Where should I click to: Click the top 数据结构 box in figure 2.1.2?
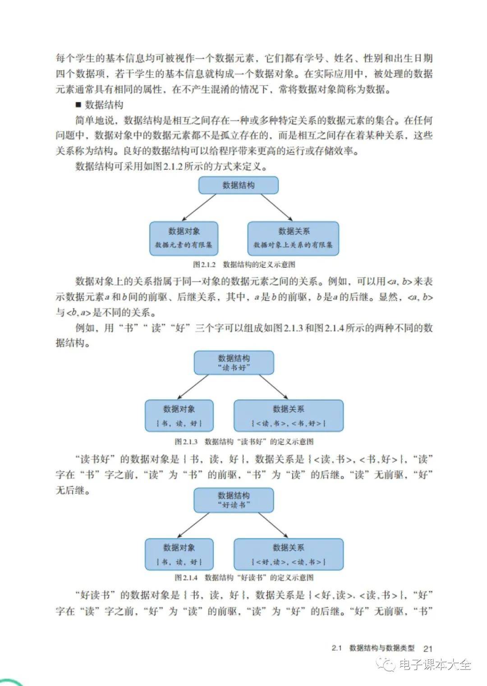pos(239,185)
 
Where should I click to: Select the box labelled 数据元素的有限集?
pos(184,238)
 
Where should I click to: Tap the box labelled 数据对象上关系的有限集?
pos(293,238)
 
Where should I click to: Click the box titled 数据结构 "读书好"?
pos(234,362)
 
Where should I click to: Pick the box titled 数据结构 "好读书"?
pos(234,500)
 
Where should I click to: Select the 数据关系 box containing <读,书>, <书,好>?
pos(289,416)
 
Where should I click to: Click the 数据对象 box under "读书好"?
pos(179,416)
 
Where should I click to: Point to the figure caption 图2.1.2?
pos(244,264)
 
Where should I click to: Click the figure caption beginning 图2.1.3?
pos(244,441)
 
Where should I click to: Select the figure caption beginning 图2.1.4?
pos(244,577)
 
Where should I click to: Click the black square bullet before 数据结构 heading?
pos(78,105)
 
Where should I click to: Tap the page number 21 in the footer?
pos(427,649)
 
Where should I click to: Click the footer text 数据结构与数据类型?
pos(382,648)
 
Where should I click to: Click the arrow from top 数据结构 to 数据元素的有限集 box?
pos(199,207)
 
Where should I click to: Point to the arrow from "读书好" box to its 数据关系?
pos(274,387)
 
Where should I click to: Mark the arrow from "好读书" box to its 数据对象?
pos(193,525)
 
